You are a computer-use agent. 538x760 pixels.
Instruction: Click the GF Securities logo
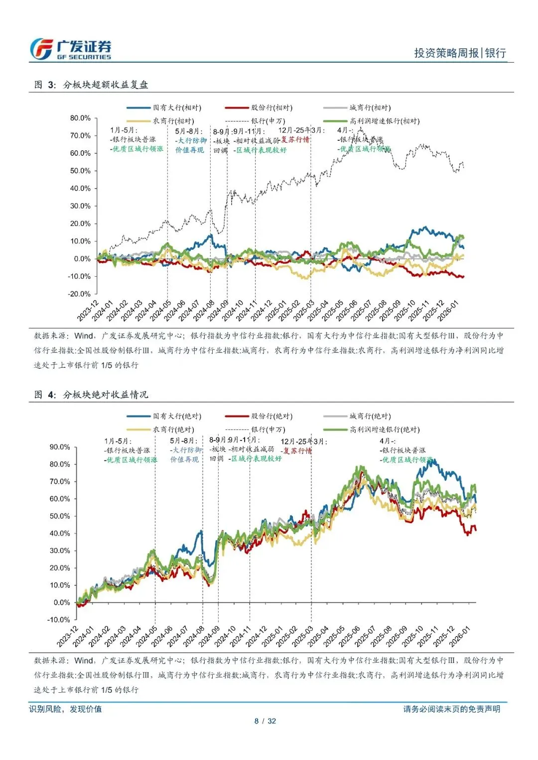pyautogui.click(x=70, y=50)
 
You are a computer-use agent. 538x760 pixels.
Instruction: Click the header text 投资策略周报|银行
pyautogui.click(x=460, y=53)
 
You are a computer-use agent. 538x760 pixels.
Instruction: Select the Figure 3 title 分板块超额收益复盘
pyautogui.click(x=105, y=85)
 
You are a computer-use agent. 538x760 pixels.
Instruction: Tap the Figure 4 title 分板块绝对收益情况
pyautogui.click(x=105, y=395)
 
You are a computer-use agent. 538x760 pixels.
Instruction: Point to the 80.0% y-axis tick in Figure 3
pyautogui.click(x=80, y=118)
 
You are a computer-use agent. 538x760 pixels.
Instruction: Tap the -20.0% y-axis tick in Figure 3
pyautogui.click(x=79, y=294)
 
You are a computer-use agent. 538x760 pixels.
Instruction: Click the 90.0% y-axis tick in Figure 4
pyautogui.click(x=60, y=447)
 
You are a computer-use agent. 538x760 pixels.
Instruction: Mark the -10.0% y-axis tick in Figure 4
pyautogui.click(x=59, y=620)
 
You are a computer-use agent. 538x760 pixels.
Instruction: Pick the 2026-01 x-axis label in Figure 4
pyautogui.click(x=459, y=637)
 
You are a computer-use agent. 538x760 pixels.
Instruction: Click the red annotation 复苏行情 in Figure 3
pyautogui.click(x=295, y=140)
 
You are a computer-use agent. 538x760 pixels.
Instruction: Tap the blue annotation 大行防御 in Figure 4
pyautogui.click(x=187, y=450)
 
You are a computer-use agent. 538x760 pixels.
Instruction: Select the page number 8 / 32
pyautogui.click(x=265, y=721)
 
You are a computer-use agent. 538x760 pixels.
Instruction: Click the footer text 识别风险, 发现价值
pyautogui.click(x=65, y=709)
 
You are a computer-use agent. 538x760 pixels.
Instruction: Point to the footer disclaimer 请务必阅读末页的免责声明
pyautogui.click(x=451, y=709)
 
